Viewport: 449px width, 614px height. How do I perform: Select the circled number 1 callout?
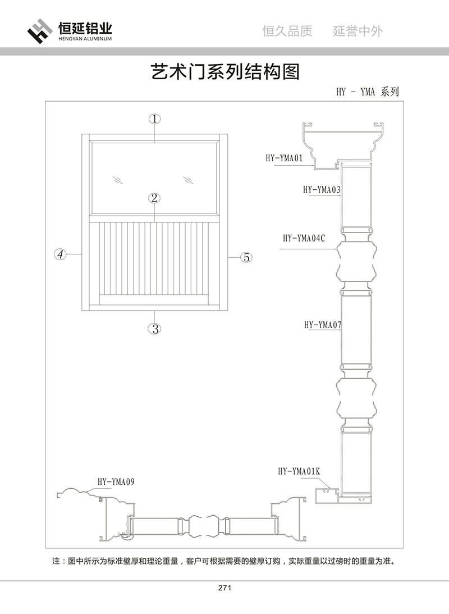pyautogui.click(x=155, y=119)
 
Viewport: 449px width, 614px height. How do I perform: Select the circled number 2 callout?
pyautogui.click(x=155, y=198)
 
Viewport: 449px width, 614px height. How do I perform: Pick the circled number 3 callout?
pyautogui.click(x=155, y=329)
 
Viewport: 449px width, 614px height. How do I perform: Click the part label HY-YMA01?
pyautogui.click(x=284, y=158)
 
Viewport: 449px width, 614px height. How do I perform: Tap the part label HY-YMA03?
pyautogui.click(x=322, y=190)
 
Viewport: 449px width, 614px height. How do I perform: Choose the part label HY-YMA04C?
pyautogui.click(x=304, y=238)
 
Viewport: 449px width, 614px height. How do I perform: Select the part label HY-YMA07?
pyautogui.click(x=323, y=325)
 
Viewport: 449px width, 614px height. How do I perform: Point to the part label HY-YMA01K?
pyautogui.click(x=298, y=471)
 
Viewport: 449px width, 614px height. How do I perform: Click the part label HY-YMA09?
pyautogui.click(x=116, y=481)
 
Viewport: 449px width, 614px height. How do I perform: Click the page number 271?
pyautogui.click(x=224, y=588)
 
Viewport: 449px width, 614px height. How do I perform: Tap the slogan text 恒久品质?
pyautogui.click(x=287, y=31)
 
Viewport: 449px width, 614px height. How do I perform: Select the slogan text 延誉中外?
pyautogui.click(x=358, y=31)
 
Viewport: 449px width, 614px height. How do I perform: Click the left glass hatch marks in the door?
pyautogui.click(x=117, y=180)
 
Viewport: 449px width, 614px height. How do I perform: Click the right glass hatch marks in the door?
pyautogui.click(x=189, y=180)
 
